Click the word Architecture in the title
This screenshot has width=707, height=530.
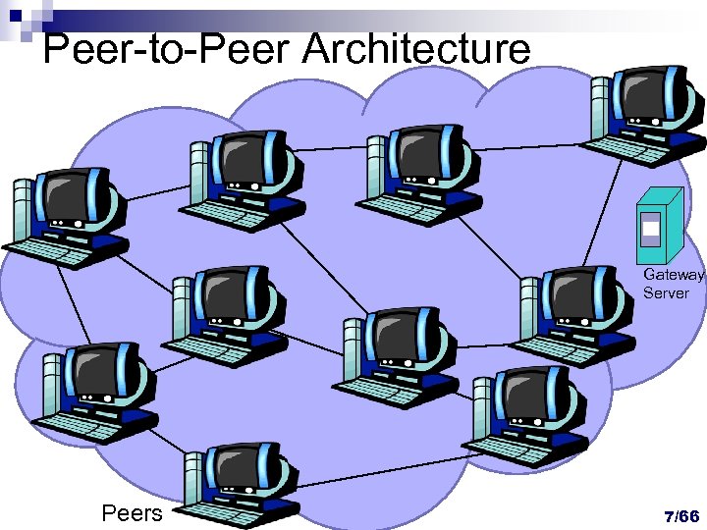[416, 48]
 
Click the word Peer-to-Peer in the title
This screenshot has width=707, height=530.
[167, 48]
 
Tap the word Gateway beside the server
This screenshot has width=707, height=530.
[674, 276]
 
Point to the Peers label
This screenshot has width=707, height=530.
[132, 512]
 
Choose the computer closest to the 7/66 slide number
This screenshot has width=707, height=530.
[519, 412]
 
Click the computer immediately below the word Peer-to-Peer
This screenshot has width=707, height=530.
[242, 177]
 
